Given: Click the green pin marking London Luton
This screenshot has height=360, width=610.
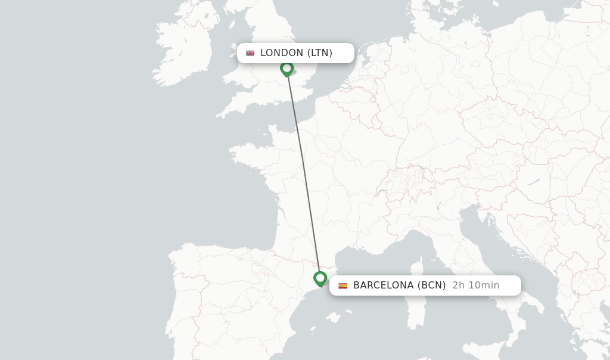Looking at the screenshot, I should (x=287, y=69).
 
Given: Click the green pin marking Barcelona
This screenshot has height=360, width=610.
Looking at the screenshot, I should (x=320, y=278).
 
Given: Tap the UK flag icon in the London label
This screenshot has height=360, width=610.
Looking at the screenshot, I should (x=250, y=53).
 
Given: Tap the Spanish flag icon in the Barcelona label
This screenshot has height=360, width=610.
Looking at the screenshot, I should (x=343, y=285).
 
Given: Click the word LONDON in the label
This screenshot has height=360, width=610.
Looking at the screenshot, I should (x=282, y=52).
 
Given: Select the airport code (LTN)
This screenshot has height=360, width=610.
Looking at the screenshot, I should (x=320, y=52).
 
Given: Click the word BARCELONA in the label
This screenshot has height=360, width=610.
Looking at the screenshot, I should (x=383, y=285).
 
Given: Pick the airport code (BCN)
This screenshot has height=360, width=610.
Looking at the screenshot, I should (x=432, y=285).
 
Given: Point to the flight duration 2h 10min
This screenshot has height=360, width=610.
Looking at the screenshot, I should (x=475, y=285).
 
